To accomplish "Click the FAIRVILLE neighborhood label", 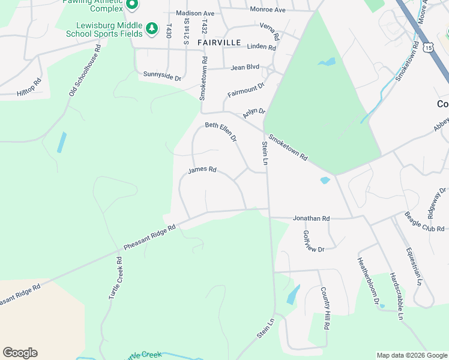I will click(219, 43).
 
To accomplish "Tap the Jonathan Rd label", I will click(312, 219).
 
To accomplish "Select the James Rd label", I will click(202, 170).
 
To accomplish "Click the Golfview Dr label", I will click(313, 241).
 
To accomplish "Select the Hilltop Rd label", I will click(29, 88).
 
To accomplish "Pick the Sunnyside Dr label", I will click(162, 76).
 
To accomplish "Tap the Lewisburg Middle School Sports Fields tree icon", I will click(152, 28).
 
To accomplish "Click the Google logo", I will click(20, 353).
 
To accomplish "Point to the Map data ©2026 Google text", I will click(411, 355).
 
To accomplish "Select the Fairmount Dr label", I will click(246, 91).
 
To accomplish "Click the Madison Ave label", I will click(195, 13).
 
